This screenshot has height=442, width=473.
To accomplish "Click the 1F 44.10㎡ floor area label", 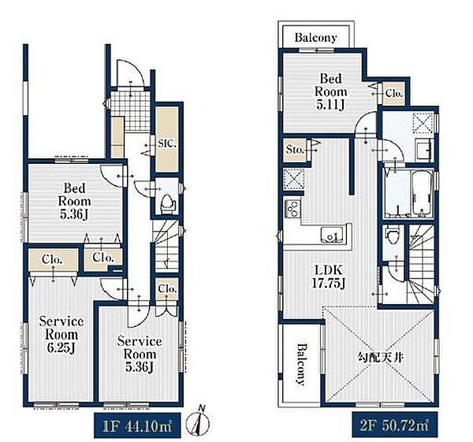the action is tap(137, 426).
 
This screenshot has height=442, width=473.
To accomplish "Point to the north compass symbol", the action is tap(198, 422).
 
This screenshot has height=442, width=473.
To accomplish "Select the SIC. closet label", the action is tap(167, 143).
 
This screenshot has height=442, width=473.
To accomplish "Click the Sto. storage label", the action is tap(294, 150).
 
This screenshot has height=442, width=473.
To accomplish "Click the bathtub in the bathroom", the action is tap(422, 194).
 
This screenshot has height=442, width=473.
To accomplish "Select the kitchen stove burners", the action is tap(292, 208).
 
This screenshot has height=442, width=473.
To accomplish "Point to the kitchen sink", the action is tap(331, 234).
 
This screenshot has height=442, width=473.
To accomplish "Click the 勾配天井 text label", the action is tap(380, 358).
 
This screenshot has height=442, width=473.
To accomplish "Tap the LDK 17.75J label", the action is tap(328, 277).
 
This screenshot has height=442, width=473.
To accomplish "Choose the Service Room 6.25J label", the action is tap(61, 335).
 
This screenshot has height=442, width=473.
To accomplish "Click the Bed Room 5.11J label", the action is tap(330, 91).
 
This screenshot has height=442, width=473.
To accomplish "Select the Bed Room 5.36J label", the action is tap(74, 201).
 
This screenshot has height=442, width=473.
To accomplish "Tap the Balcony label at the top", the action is tap(315, 37).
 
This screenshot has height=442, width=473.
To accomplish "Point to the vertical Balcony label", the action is tap(300, 364).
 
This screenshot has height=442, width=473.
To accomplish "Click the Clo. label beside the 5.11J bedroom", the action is tap(393, 93).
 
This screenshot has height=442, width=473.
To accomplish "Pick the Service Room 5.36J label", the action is tap(140, 355).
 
